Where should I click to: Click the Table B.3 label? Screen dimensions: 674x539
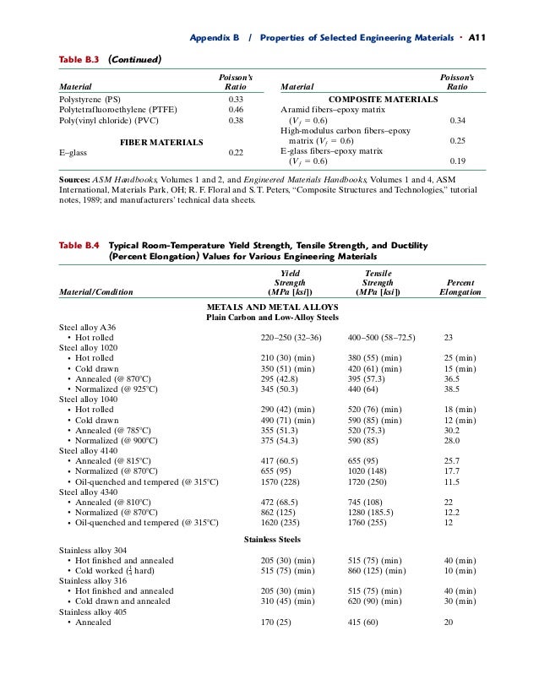(x=79, y=59)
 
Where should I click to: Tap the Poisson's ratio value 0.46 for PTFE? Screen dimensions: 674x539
(x=237, y=110)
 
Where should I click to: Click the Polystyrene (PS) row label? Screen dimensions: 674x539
(x=90, y=99)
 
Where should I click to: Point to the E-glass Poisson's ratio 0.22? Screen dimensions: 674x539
(x=237, y=153)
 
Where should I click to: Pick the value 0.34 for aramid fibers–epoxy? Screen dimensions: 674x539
(x=458, y=120)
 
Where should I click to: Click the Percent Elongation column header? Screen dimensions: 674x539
(x=460, y=288)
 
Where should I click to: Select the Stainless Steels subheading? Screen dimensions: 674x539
(x=272, y=539)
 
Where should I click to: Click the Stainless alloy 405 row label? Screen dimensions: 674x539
(x=91, y=611)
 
